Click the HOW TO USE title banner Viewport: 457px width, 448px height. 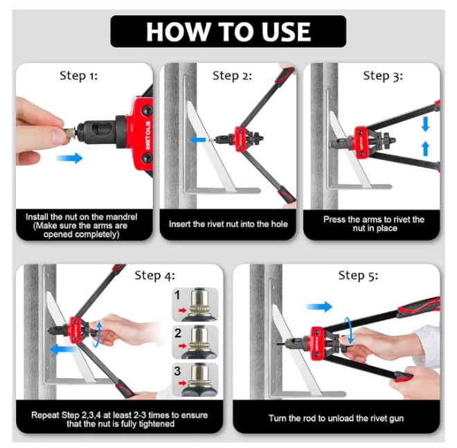point(228,31)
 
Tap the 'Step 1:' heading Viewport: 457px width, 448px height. point(79,75)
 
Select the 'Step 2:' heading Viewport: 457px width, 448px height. point(232,75)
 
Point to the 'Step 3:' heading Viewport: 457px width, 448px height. point(383,75)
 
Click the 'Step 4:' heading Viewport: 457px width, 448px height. point(155,276)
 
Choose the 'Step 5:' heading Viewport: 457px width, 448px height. point(358,276)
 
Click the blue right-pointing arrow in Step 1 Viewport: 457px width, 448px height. point(69,158)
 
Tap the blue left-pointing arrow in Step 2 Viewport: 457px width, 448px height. point(198,140)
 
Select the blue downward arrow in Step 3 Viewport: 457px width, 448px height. point(425,124)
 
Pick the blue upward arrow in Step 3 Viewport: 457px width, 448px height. point(426,148)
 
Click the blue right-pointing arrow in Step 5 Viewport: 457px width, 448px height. point(319,307)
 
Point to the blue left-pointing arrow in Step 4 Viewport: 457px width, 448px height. point(62,349)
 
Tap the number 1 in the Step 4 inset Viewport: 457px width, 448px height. point(177,295)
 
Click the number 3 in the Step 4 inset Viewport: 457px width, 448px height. point(177,370)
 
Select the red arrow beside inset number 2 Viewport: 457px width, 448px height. point(182,346)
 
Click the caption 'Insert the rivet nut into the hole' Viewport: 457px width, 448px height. point(228,224)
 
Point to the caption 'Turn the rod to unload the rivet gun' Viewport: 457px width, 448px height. point(336,418)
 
